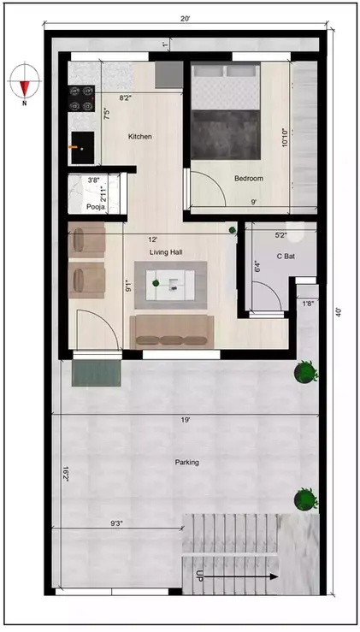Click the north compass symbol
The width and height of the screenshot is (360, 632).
click(x=24, y=84)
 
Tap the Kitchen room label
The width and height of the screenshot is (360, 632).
click(x=140, y=137)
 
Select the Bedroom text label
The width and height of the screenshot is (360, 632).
click(x=248, y=178)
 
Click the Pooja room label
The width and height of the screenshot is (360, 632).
click(x=96, y=208)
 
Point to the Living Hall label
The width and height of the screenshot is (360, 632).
click(x=168, y=252)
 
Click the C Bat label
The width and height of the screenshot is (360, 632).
click(x=286, y=257)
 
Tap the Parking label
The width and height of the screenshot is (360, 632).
click(x=186, y=463)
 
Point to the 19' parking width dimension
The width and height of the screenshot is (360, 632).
click(x=185, y=420)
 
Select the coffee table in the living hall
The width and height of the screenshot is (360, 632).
click(x=175, y=283)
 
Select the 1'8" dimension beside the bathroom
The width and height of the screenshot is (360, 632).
click(x=308, y=303)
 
